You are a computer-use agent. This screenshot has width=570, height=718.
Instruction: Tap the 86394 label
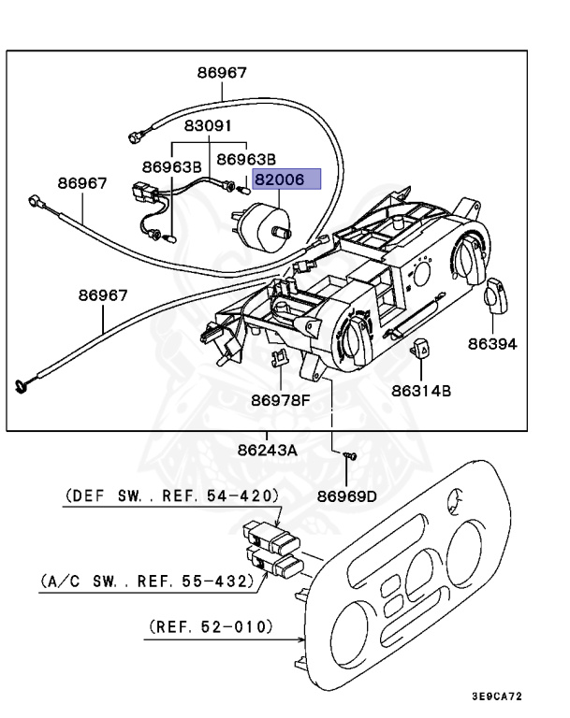(492, 344)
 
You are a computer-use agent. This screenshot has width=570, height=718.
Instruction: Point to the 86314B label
(421, 390)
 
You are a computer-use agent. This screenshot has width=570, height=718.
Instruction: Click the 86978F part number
(279, 400)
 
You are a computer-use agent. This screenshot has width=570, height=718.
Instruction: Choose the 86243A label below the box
(267, 450)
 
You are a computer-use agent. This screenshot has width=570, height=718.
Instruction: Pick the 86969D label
(346, 496)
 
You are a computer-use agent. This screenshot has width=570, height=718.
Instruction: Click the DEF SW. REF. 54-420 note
(172, 495)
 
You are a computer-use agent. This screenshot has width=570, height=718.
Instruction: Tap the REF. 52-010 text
(211, 626)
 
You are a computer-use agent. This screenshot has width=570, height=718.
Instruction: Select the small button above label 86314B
(422, 350)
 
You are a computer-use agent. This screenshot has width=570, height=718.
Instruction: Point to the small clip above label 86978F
(279, 356)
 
